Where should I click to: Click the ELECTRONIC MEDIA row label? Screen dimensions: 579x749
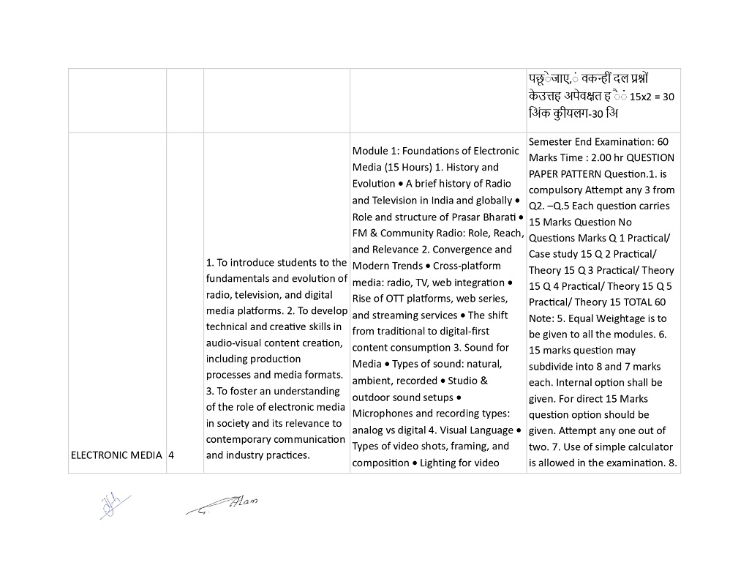point(116,455)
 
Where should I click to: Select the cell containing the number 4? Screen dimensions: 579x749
point(171,455)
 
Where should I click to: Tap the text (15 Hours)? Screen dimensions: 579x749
point(407,167)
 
